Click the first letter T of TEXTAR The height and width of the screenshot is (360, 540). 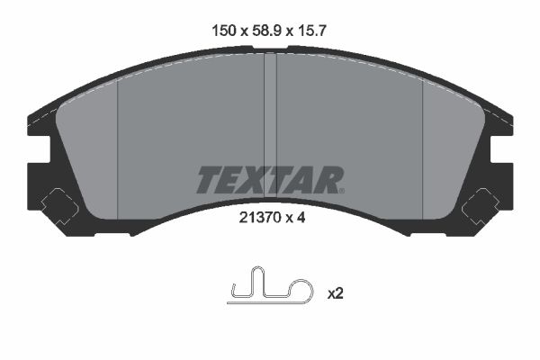[208, 180]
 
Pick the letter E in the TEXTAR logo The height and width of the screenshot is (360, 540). [232, 180]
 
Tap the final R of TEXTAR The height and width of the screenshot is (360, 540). [328, 180]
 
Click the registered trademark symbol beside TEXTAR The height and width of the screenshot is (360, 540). [341, 189]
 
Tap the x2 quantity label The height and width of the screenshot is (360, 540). [335, 292]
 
